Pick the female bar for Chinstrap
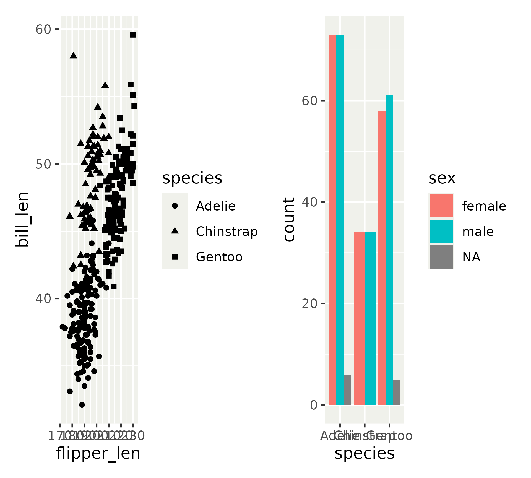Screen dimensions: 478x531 (x=359, y=318)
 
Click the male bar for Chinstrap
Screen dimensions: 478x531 (x=370, y=318)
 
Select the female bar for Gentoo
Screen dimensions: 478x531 (x=382, y=258)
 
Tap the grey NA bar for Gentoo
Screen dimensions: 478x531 (x=397, y=392)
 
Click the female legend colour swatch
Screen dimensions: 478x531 (x=441, y=206)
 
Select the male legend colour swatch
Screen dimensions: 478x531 (x=441, y=231)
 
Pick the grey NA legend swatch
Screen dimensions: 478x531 (x=441, y=257)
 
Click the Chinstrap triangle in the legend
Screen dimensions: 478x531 (x=175, y=231)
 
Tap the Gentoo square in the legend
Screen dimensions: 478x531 (x=175, y=257)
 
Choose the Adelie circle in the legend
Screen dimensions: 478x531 (x=175, y=206)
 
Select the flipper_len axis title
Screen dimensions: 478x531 (x=98, y=453)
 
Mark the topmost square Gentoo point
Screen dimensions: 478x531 (x=133, y=35)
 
